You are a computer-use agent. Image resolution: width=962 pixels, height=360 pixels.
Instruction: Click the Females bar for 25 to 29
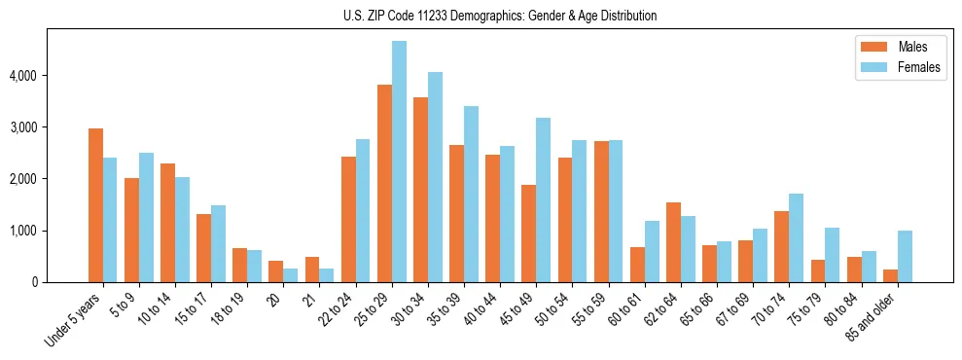[x=399, y=162]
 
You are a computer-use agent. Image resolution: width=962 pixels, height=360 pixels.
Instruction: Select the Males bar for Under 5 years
[x=95, y=205]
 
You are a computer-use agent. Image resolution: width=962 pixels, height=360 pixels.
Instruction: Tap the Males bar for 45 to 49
[x=528, y=234]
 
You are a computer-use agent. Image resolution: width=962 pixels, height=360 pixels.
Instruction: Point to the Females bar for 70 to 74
[x=797, y=237]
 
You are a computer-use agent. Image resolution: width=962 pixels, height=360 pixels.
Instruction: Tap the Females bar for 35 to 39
[x=471, y=195]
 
